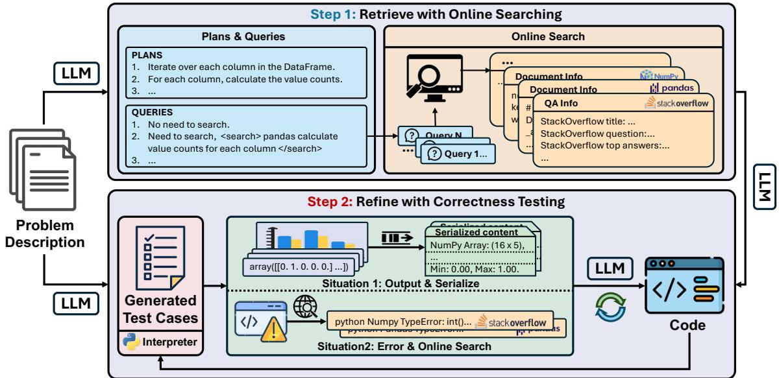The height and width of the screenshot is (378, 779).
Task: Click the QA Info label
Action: click(560, 102)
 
